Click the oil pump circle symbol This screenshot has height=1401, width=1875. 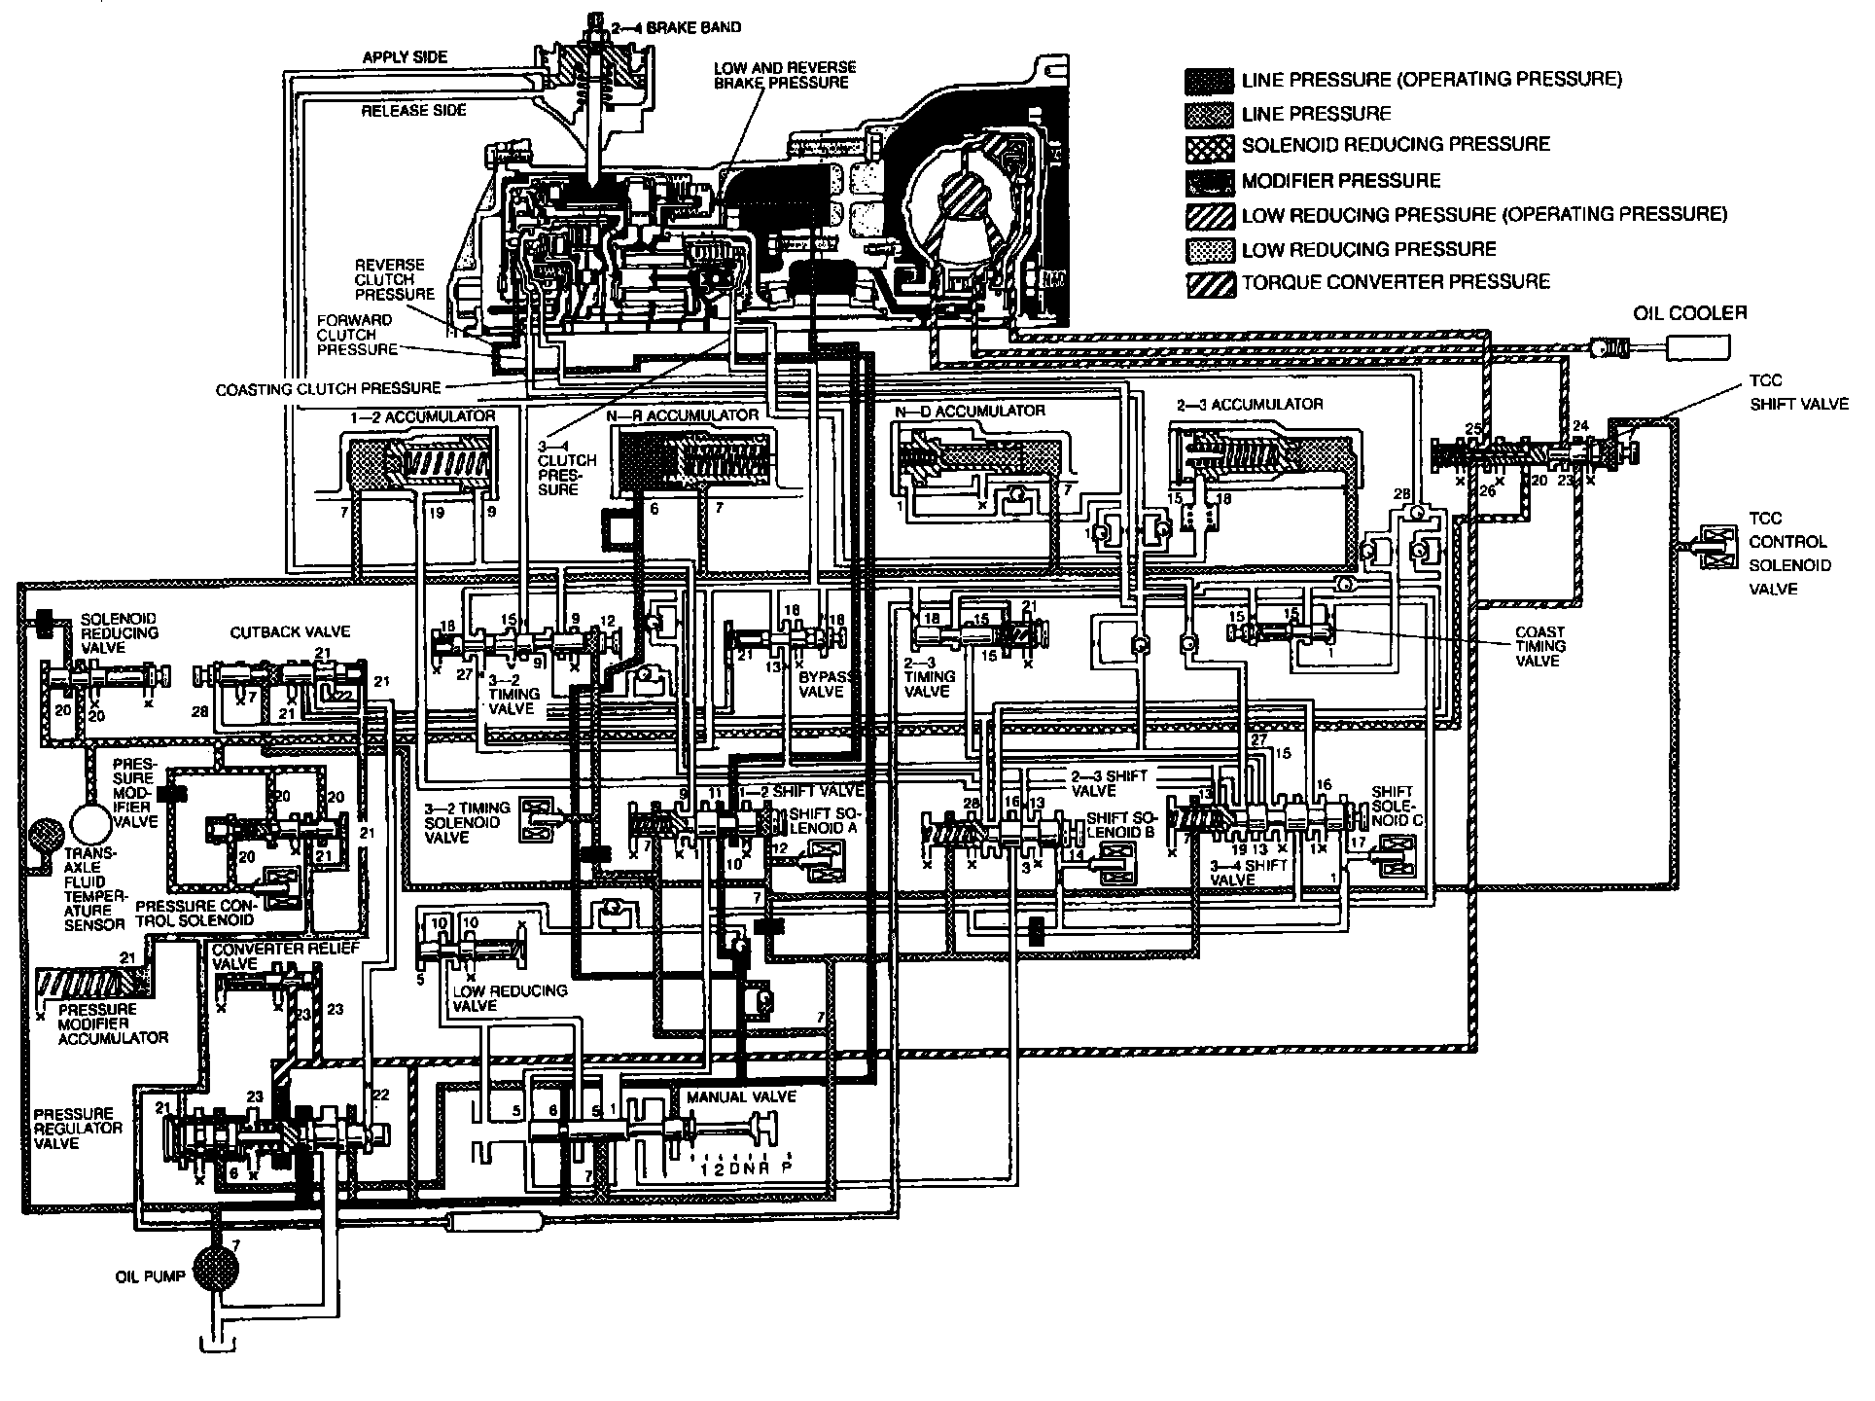click(x=222, y=1269)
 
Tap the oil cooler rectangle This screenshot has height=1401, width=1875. click(x=1697, y=347)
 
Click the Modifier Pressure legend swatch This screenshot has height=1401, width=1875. click(x=1210, y=181)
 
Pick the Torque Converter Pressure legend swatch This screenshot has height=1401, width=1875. click(x=1210, y=283)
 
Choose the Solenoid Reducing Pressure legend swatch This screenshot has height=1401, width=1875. click(x=1210, y=146)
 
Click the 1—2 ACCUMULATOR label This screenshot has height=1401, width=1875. click(x=422, y=416)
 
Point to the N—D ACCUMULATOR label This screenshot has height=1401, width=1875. click(x=970, y=411)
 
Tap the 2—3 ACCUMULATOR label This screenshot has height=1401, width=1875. click(x=1250, y=404)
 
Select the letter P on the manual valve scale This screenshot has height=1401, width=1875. click(x=786, y=1168)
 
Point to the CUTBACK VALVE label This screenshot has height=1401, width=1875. click(x=275, y=632)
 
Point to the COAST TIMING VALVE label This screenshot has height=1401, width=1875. click(x=1539, y=646)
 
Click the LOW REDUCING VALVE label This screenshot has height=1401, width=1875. click(x=510, y=997)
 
